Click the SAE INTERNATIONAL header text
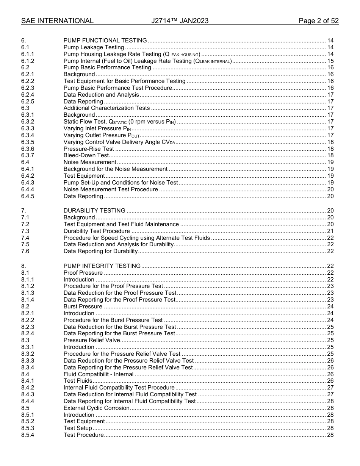(x=57, y=21)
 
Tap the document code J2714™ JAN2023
(x=180, y=21)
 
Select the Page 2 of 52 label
(x=318, y=21)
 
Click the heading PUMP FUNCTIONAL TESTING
(x=105, y=41)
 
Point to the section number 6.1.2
(x=28, y=61)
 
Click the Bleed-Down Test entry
(x=86, y=155)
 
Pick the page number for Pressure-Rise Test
(x=330, y=149)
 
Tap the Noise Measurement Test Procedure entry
(x=111, y=189)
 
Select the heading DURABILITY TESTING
(x=94, y=211)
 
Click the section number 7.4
(x=25, y=238)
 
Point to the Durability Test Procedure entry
(x=97, y=231)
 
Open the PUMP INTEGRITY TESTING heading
(x=102, y=266)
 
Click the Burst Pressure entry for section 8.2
(x=83, y=306)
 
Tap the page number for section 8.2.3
(x=330, y=327)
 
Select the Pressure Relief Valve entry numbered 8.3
(x=92, y=340)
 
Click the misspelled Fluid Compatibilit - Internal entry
(x=99, y=374)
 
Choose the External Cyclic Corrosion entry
(x=96, y=408)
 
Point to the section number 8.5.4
(x=28, y=435)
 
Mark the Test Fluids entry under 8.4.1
(x=78, y=381)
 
